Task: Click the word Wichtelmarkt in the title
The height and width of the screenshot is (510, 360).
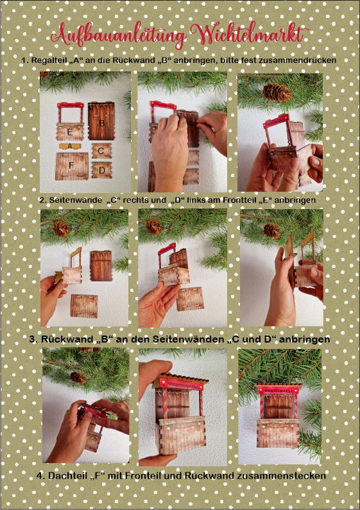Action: (x=250, y=33)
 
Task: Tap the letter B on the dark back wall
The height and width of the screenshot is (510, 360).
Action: (x=102, y=123)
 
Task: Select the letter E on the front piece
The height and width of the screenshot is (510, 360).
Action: (x=70, y=132)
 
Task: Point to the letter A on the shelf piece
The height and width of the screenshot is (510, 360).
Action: (x=70, y=146)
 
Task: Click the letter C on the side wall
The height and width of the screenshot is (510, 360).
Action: (x=101, y=151)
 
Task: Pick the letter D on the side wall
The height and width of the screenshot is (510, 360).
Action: (x=102, y=170)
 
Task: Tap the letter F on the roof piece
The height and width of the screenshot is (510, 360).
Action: (x=71, y=166)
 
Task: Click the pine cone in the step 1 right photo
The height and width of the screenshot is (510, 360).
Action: (x=277, y=92)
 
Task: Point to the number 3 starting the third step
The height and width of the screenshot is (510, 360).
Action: (x=32, y=339)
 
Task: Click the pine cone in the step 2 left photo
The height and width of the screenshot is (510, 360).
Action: (x=62, y=228)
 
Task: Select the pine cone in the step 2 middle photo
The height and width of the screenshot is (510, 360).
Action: (x=153, y=226)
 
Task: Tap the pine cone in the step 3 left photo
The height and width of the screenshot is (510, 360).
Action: (x=78, y=377)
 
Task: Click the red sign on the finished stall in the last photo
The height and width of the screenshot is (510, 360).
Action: (x=279, y=390)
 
